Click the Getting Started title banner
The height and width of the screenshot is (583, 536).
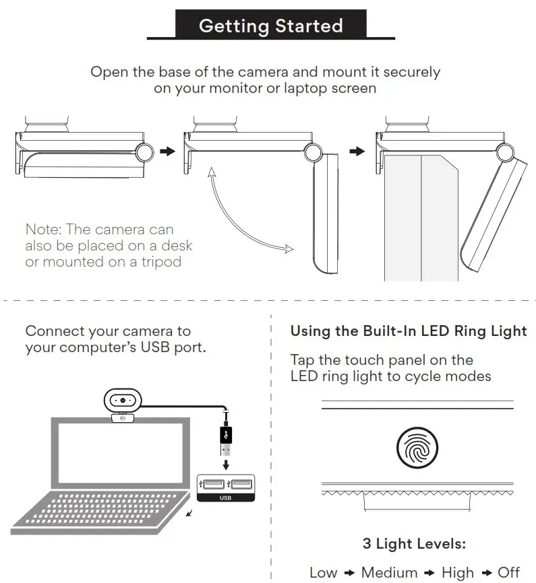(270, 26)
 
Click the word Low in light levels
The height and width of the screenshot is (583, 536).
(323, 572)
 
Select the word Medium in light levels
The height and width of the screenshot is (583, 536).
(388, 572)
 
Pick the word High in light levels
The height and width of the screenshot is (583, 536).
(457, 572)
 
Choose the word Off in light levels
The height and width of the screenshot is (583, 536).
(508, 572)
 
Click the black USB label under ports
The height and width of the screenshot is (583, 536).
(225, 498)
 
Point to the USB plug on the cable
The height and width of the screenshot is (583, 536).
(226, 440)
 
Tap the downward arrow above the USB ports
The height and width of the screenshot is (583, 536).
(226, 464)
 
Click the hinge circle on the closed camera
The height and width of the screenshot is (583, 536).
(144, 153)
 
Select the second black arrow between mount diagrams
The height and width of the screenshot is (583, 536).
(357, 151)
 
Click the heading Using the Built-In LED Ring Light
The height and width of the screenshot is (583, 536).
(409, 331)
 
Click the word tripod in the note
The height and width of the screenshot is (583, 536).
(159, 262)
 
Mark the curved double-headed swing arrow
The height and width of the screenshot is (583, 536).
(236, 215)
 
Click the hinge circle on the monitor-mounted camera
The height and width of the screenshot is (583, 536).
(506, 153)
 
